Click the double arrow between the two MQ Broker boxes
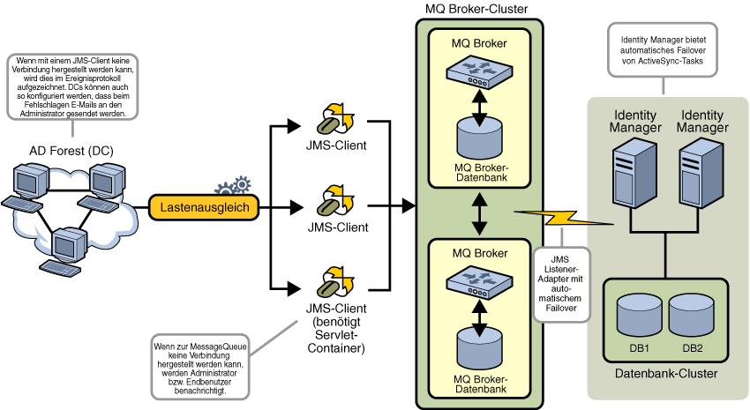pos(480,212)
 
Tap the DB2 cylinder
pos(692,316)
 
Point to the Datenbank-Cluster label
pos(664,373)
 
